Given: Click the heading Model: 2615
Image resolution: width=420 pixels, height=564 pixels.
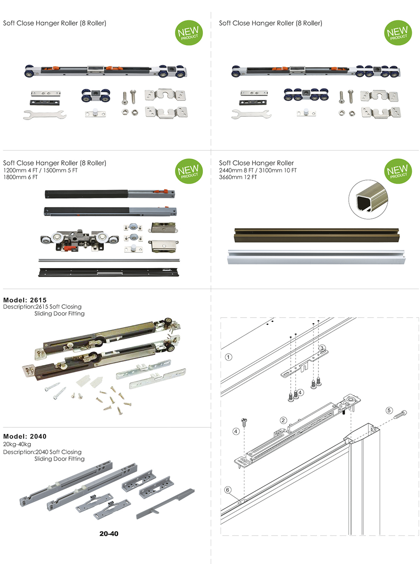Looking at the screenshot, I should pos(25,300).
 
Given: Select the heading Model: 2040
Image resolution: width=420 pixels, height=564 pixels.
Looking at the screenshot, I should pos(25,436).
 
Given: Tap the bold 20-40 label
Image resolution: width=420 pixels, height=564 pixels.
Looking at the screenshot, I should pos(109,534).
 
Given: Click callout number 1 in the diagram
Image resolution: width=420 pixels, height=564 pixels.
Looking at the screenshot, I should pos(229,357).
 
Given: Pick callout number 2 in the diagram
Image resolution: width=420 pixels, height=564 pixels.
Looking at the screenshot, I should pos(283,420).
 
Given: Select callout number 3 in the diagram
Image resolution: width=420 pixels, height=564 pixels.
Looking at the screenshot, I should pos(322,348).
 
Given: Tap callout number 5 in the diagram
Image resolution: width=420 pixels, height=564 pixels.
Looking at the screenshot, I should pos(389,410).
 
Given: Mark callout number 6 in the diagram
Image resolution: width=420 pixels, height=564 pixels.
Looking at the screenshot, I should pos(228,490).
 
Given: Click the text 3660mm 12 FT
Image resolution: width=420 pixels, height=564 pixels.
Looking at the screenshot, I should pos(238,177).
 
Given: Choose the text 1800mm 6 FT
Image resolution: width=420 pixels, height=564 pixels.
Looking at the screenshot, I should pos(20,177).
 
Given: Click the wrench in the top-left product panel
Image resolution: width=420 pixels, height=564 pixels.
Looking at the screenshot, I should pos(45,116).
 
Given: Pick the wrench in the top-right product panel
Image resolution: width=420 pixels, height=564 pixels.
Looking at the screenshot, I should pos(251,115).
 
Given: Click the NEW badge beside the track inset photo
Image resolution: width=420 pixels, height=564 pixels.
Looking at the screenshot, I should pos(397,171).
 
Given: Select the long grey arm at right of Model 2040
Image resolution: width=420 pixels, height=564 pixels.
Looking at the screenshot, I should pos(164,504).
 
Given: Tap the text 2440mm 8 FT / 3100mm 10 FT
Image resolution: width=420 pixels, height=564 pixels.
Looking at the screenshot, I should pos(258,170).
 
